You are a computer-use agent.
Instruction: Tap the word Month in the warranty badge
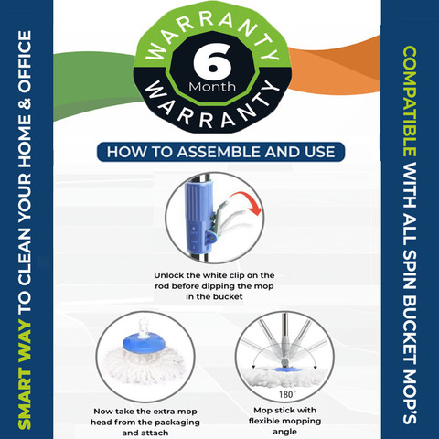(212, 87)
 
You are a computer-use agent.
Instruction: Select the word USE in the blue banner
(320, 152)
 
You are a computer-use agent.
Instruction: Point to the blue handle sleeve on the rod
(198, 217)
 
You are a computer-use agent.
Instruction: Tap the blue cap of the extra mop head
(144, 344)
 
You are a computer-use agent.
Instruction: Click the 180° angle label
(287, 394)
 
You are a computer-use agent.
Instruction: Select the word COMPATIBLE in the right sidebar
(410, 102)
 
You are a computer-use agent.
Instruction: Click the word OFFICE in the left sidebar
(25, 62)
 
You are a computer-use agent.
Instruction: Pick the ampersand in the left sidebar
(26, 103)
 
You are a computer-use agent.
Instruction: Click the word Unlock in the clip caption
(169, 275)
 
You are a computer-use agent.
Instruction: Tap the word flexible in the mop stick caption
(263, 421)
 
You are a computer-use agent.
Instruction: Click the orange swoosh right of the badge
(335, 68)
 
